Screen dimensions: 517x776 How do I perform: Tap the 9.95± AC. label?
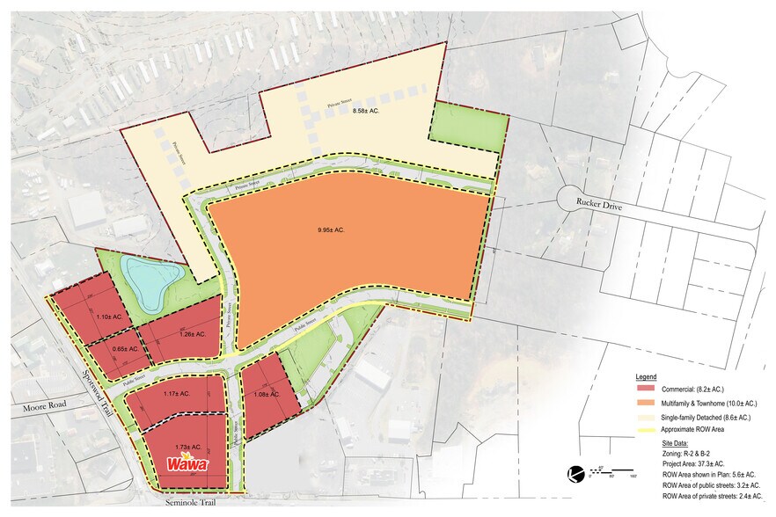(x=331, y=230)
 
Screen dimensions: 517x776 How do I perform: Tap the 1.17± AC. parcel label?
(x=177, y=393)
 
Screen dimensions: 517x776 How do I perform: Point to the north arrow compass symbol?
(x=575, y=473)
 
